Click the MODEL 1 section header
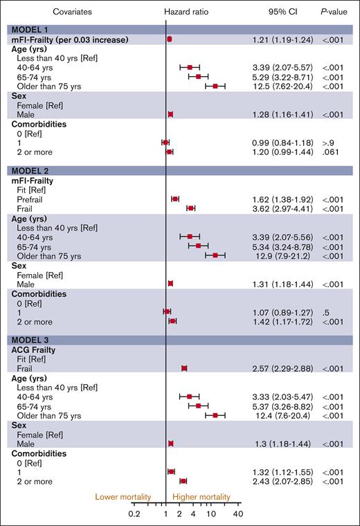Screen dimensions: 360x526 click(30, 30)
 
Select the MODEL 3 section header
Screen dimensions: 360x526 click(30, 339)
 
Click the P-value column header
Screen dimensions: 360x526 click(335, 12)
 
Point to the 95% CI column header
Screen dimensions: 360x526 click(282, 12)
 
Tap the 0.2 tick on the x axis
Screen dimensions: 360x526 click(135, 514)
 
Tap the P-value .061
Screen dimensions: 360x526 click(330, 152)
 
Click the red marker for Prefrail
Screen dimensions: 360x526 click(175, 199)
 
